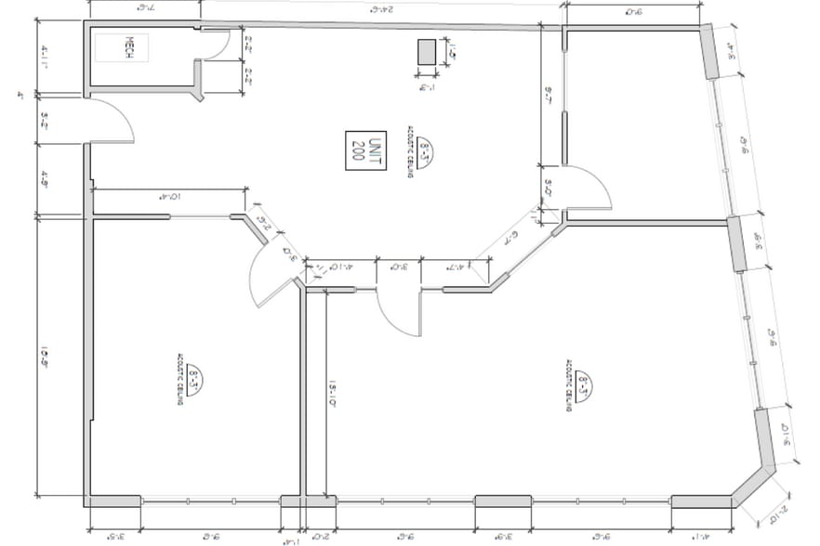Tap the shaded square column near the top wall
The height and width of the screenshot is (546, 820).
coord(427,53)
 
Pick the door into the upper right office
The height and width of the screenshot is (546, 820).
coord(586,190)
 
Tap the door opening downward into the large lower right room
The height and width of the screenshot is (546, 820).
coord(398,316)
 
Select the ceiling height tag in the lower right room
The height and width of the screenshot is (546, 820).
coord(583,383)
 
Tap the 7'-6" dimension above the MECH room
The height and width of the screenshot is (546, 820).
coord(145,8)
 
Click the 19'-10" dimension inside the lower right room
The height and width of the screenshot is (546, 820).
coord(332,390)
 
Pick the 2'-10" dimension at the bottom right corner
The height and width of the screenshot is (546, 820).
coord(779,516)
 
